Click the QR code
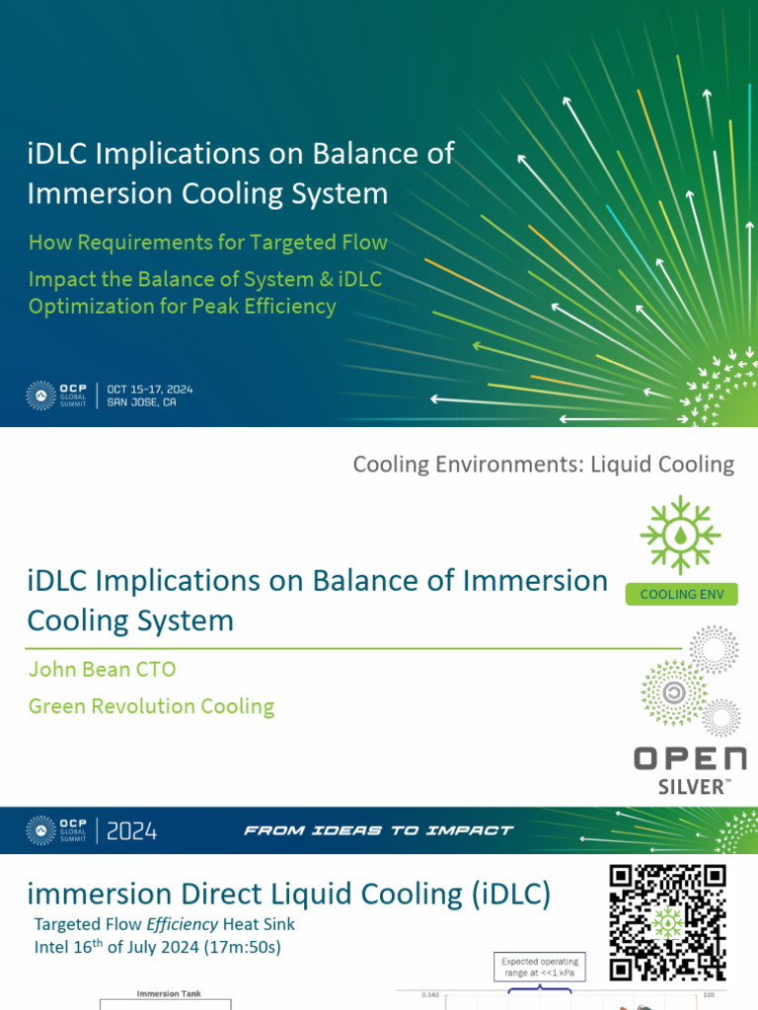click(668, 921)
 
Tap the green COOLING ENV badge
click(681, 594)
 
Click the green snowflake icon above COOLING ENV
click(681, 536)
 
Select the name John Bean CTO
click(103, 670)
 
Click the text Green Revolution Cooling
click(151, 706)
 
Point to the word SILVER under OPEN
click(694, 786)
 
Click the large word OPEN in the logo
click(689, 758)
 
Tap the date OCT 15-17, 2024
click(148, 389)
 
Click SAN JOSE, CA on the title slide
click(141, 402)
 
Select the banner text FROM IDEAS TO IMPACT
click(378, 830)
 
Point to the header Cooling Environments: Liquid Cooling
click(543, 464)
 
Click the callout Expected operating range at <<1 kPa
click(540, 968)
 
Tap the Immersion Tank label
click(169, 993)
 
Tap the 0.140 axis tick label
click(430, 994)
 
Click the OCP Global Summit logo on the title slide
click(59, 395)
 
